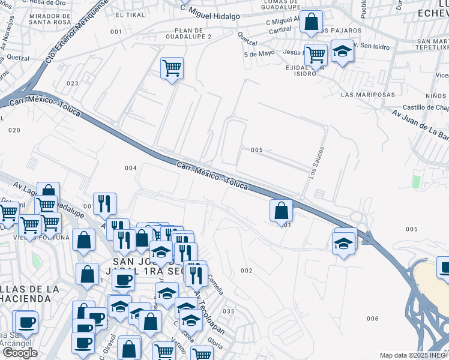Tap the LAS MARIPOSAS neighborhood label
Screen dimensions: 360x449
click(367, 95)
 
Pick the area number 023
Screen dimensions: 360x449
click(73, 83)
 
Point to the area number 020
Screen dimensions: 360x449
click(14, 130)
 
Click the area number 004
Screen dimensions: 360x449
click(131, 168)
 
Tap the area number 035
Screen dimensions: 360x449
click(228, 311)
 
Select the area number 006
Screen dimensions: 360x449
click(372, 319)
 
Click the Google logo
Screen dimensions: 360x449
click(20, 352)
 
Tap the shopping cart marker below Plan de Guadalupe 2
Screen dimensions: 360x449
click(172, 68)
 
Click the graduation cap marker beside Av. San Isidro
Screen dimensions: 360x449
click(342, 51)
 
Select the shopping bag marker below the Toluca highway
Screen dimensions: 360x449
click(281, 211)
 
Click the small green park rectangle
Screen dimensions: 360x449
click(416, 181)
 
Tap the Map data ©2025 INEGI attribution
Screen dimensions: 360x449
click(413, 355)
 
